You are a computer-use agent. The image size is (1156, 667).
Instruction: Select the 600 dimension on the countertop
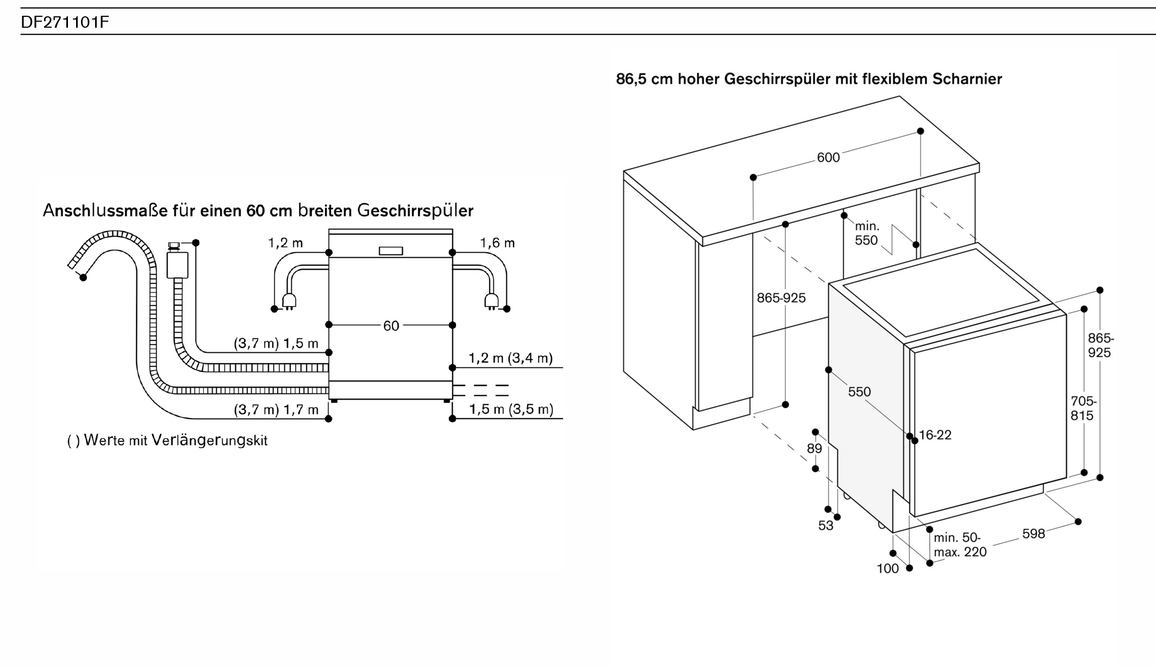[828, 158]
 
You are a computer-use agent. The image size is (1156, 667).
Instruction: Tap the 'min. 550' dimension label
[866, 233]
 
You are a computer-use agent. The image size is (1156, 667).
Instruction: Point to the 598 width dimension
[1033, 534]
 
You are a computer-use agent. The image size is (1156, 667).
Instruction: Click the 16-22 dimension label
[935, 435]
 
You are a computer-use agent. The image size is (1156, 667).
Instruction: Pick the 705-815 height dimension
[1083, 408]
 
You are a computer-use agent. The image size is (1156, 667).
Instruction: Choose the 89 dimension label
[815, 448]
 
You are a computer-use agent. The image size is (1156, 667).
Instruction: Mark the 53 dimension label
[826, 526]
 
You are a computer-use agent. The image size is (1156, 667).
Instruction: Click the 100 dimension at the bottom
[888, 569]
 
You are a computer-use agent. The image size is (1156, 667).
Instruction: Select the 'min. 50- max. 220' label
[960, 545]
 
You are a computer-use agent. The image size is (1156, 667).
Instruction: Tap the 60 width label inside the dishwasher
[391, 326]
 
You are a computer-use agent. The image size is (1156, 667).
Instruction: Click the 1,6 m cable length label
[497, 243]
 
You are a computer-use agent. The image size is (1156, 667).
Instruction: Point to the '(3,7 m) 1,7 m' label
[276, 409]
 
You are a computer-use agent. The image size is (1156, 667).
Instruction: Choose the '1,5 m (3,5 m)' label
[511, 409]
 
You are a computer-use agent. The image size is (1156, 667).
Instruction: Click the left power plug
[289, 300]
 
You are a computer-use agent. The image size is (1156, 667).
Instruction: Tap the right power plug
[492, 300]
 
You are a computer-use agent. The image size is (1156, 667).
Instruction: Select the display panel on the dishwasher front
[391, 251]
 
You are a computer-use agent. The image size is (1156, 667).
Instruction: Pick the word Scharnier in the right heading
[967, 79]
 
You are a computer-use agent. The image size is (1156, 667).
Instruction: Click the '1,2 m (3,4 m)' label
[511, 358]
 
